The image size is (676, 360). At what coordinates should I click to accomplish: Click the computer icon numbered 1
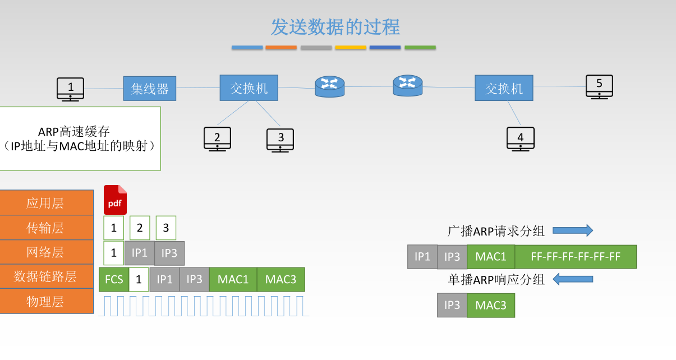point(70,89)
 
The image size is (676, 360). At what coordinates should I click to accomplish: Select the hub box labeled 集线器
point(150,89)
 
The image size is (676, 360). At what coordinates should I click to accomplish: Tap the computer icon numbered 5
point(599,86)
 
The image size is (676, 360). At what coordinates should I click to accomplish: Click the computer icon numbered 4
point(521,139)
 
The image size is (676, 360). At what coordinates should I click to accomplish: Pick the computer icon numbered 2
point(217,139)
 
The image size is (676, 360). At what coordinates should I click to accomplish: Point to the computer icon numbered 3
point(280,139)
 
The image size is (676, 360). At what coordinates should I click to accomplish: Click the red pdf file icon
point(115,200)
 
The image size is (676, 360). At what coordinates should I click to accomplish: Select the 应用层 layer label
point(47,202)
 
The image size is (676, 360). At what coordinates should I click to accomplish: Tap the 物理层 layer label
point(47,302)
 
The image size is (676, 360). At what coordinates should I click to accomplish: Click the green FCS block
point(114,279)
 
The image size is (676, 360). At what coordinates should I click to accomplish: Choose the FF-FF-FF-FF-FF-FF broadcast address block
point(576,257)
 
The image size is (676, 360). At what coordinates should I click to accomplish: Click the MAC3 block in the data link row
point(280,279)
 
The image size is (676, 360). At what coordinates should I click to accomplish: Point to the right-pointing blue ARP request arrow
point(573,230)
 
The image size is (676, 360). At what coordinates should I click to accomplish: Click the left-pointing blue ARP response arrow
point(573,279)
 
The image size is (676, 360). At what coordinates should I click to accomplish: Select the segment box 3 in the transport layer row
point(166,228)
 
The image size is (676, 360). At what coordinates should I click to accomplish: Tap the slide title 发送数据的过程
point(335,27)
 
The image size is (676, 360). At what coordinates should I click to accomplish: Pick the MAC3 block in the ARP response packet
point(491,306)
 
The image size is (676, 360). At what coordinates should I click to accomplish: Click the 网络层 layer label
point(47,252)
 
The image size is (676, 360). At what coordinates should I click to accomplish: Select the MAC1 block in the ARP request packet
point(491,257)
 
